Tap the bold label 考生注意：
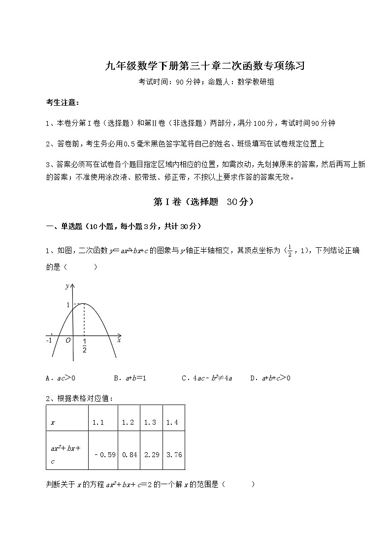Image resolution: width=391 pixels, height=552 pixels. click(62, 103)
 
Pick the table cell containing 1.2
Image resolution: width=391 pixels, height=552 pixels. click(128, 422)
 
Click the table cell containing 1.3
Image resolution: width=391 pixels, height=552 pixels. click(151, 422)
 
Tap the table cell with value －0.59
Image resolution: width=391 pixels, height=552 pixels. click(104, 455)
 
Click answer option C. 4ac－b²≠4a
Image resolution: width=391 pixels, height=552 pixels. click(207, 378)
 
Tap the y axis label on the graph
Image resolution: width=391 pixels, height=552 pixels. click(66, 286)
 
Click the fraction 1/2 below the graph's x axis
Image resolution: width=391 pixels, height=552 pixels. click(85, 346)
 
